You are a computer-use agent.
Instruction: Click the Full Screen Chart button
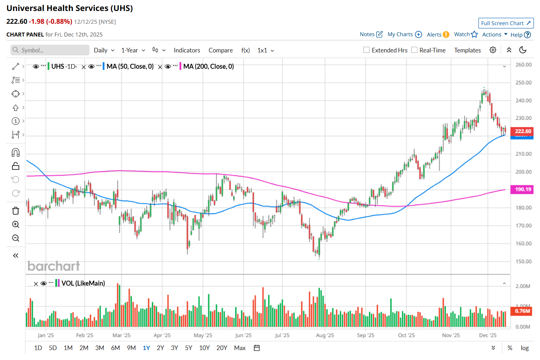tap(506, 23)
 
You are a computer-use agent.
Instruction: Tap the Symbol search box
tap(50, 50)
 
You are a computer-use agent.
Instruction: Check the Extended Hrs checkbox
tap(367, 50)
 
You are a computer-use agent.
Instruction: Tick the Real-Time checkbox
tap(414, 50)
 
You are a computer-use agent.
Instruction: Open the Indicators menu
tap(187, 50)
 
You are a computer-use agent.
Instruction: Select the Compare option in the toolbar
tap(220, 50)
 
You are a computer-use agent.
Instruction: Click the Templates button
tap(467, 50)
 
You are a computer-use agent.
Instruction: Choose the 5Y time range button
tap(189, 348)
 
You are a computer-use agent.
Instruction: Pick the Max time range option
tap(240, 348)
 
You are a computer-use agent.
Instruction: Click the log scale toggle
tap(524, 348)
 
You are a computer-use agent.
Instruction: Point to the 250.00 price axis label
tap(523, 83)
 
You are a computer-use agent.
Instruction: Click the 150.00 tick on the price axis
tap(523, 261)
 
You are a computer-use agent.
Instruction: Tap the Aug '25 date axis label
tap(325, 335)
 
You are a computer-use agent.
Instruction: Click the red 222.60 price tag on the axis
tap(522, 131)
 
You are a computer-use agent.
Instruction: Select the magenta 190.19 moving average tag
tap(522, 189)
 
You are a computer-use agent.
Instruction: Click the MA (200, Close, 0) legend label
tap(208, 67)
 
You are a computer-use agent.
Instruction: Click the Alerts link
tap(434, 35)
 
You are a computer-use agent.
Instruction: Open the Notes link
tap(367, 34)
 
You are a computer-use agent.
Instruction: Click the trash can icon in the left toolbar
tap(16, 211)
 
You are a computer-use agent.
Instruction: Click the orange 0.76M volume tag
tap(522, 311)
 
